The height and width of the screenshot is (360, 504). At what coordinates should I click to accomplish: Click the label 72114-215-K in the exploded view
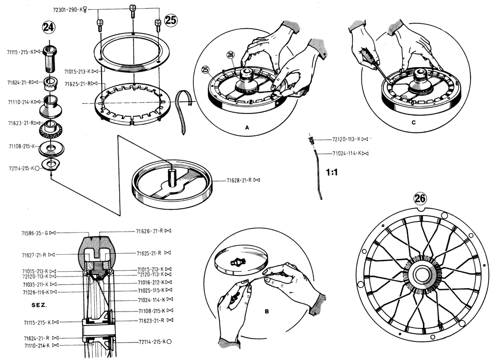[21, 168]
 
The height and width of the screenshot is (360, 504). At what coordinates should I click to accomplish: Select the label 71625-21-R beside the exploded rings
[78, 83]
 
